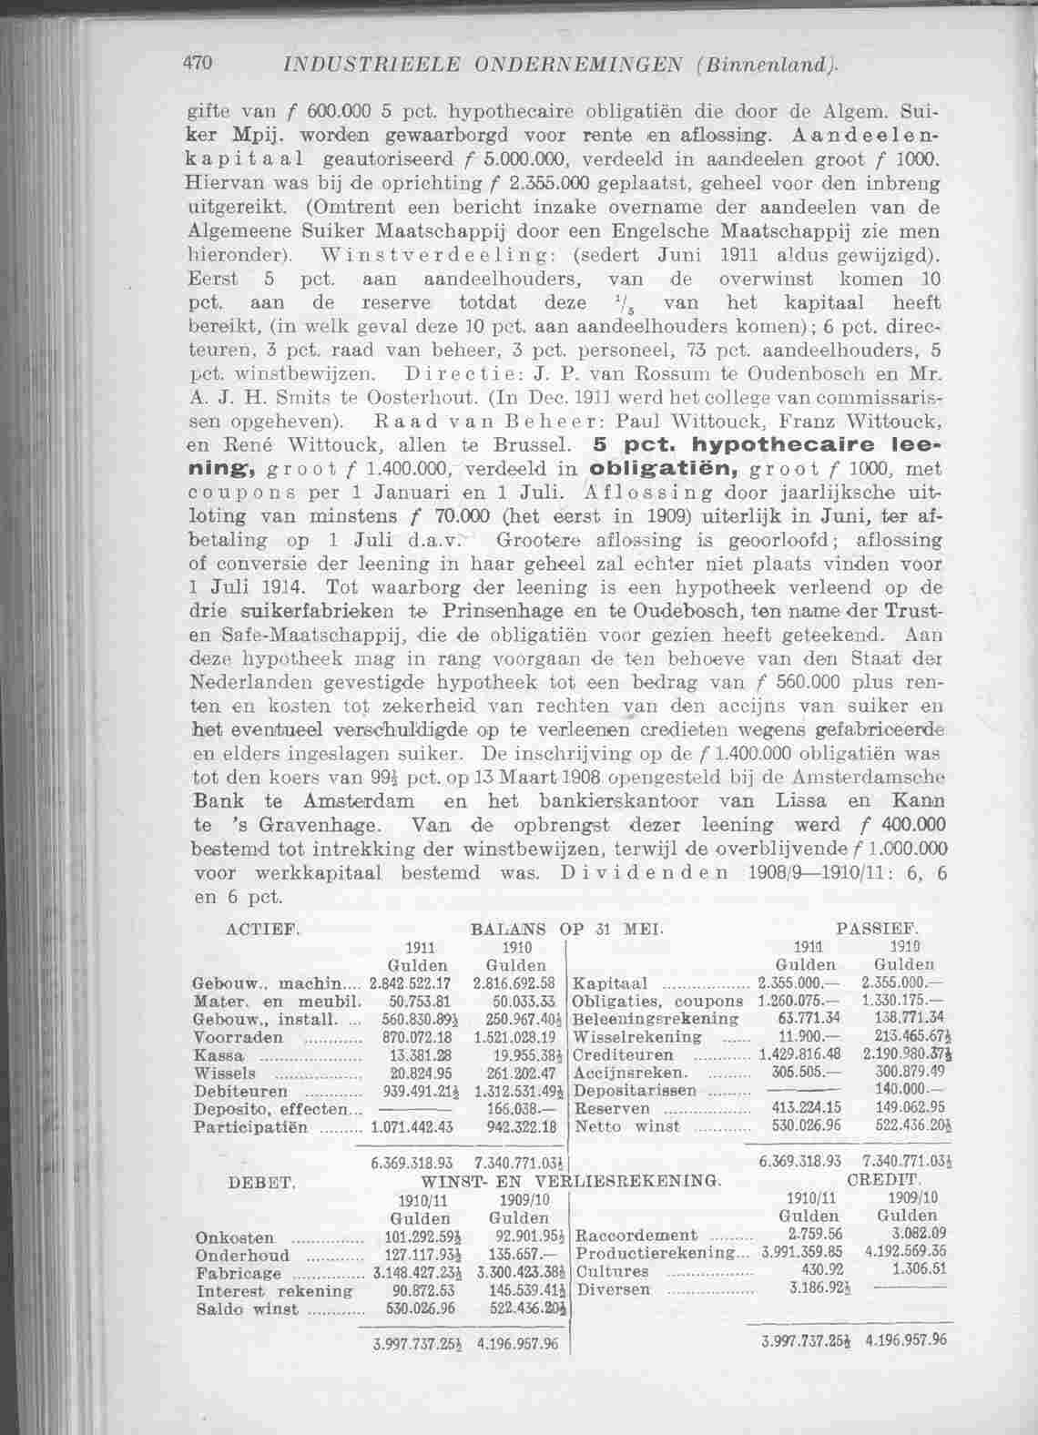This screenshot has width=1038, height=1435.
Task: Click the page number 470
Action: tap(198, 63)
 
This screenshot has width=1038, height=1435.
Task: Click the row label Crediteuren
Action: tap(625, 1055)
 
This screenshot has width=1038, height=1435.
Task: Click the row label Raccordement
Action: tap(637, 1237)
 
